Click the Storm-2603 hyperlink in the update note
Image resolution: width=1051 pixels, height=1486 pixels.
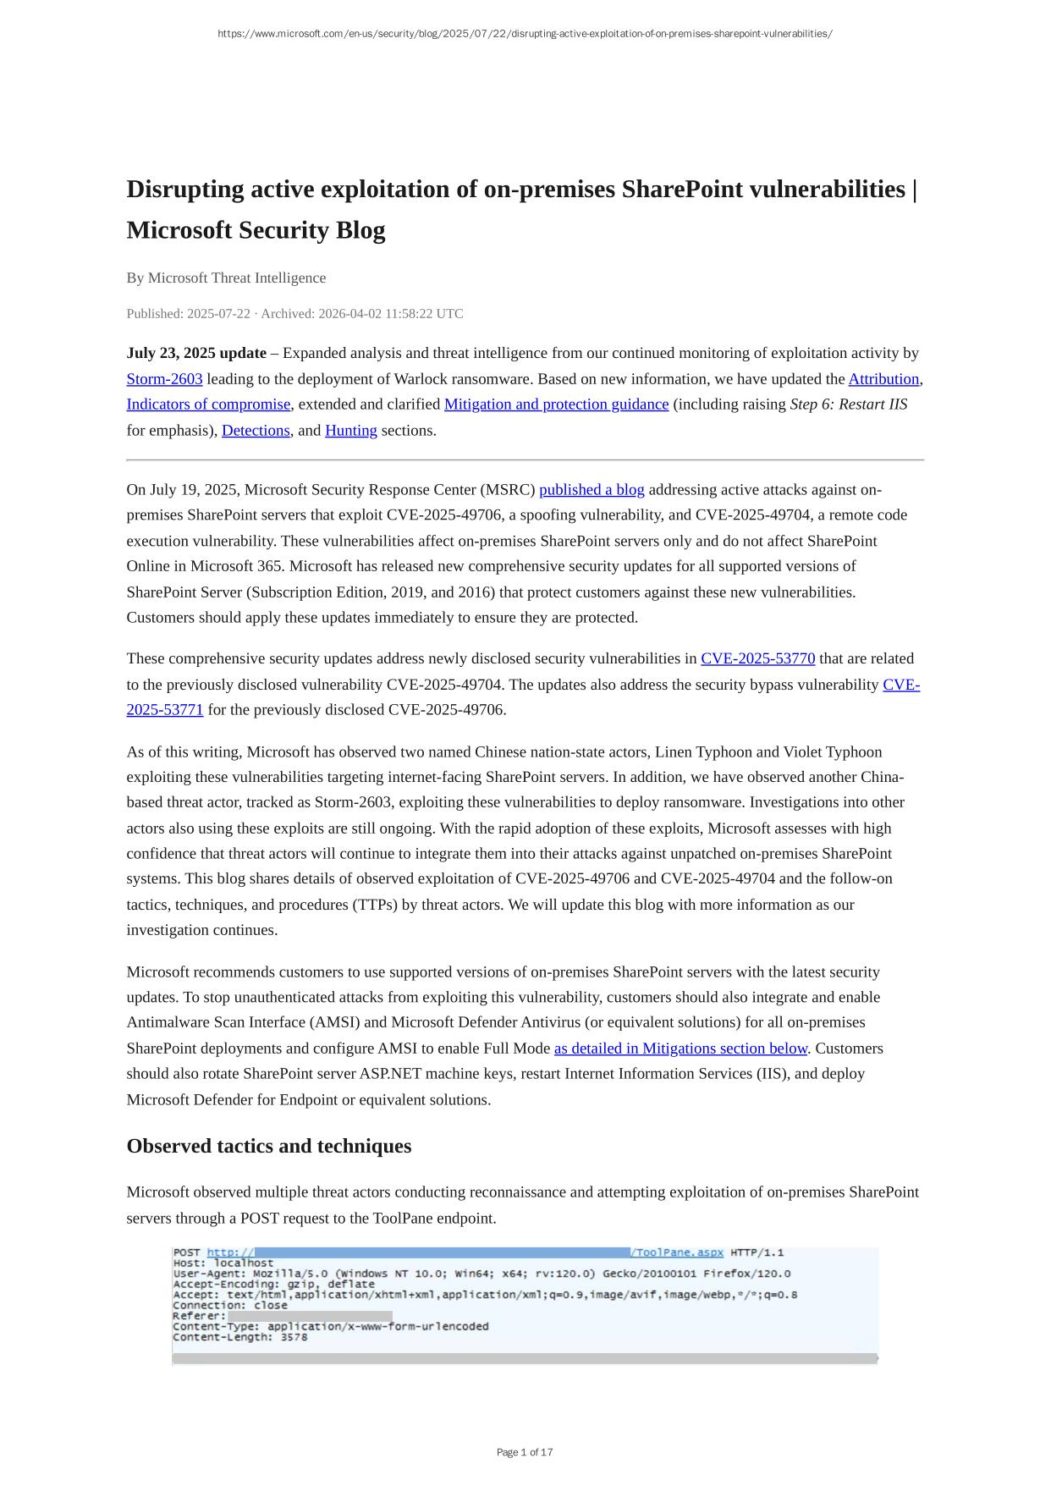click(x=164, y=379)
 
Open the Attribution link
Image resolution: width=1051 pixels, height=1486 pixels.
click(x=883, y=379)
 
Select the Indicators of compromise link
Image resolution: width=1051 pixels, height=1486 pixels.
click(x=208, y=405)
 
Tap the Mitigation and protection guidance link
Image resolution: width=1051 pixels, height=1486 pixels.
click(x=556, y=405)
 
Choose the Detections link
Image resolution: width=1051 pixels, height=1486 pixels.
click(x=256, y=430)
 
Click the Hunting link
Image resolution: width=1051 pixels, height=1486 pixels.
click(x=350, y=430)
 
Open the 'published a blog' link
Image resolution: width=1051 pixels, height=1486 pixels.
click(x=592, y=490)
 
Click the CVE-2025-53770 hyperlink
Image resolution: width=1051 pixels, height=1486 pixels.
click(x=757, y=658)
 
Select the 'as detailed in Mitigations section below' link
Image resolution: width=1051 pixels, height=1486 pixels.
click(x=680, y=1048)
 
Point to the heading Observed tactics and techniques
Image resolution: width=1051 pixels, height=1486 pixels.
click(x=269, y=1146)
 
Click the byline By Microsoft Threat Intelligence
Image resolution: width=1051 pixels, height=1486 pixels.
click(x=226, y=278)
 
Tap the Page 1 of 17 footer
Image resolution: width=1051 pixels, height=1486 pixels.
click(x=525, y=1452)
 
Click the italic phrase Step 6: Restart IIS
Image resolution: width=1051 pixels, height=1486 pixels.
click(x=848, y=405)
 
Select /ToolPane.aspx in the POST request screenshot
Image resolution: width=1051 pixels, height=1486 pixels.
click(x=677, y=1252)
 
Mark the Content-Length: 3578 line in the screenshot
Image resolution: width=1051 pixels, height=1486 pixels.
click(x=240, y=1337)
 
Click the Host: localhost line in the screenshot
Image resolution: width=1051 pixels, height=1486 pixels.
click(x=223, y=1263)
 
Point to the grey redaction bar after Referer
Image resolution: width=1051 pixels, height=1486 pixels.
click(x=310, y=1316)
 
